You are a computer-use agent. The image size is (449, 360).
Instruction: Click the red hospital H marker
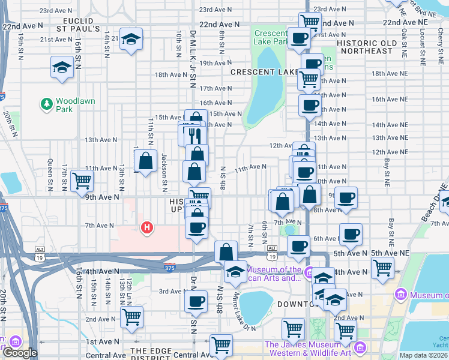[145, 228]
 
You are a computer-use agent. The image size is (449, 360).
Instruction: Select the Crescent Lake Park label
[271, 38]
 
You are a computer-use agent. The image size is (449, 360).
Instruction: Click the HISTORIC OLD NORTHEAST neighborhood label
[367, 47]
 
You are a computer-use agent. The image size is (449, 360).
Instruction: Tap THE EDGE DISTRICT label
[157, 351]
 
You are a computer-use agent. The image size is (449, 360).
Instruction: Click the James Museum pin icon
[360, 347]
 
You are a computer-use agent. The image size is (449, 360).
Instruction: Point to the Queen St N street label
[50, 175]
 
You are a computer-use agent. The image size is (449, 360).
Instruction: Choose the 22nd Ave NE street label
[406, 22]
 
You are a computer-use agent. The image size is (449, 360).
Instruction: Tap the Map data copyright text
[424, 355]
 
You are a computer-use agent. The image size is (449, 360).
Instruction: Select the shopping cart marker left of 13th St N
[81, 181]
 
